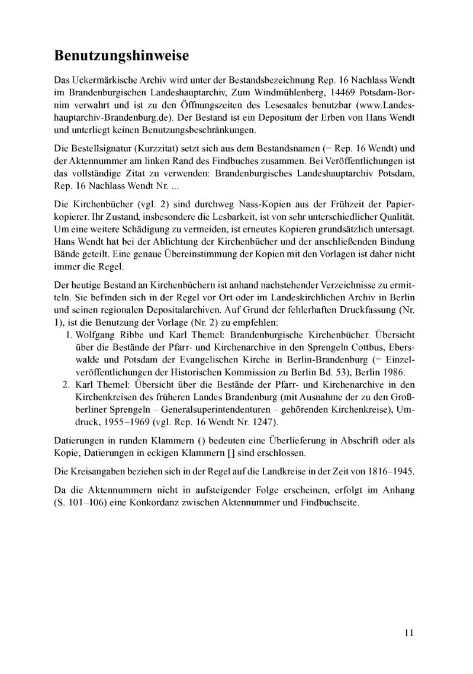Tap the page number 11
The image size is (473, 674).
coord(408,633)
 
